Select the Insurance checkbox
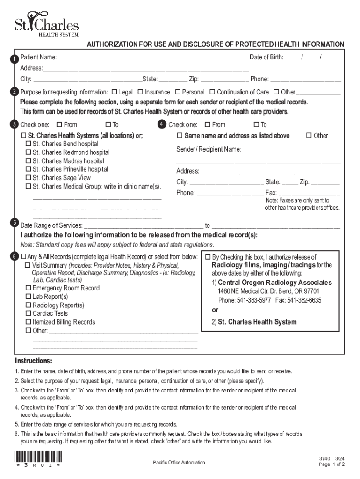140,92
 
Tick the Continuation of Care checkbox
212,92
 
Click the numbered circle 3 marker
15,124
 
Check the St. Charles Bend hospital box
28,144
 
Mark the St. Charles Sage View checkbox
28,178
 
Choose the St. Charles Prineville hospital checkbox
28,169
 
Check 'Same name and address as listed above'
180,136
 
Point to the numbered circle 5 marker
15,222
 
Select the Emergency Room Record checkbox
28,288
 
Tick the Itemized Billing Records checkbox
28,322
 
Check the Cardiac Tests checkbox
28,313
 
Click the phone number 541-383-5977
253,300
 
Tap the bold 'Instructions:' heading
34,361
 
